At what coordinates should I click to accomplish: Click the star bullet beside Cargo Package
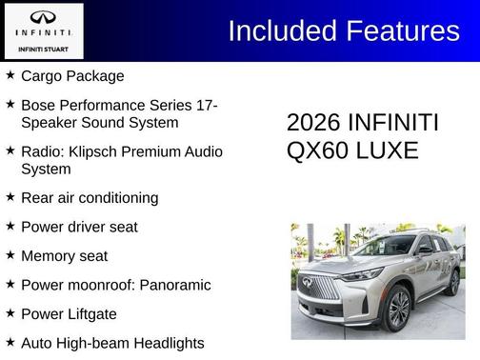point(10,74)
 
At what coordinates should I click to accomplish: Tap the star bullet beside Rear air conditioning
point(10,197)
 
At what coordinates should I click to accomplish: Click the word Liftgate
point(98,313)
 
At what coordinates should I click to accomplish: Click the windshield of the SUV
point(380,247)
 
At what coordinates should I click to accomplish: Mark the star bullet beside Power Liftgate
point(10,313)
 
